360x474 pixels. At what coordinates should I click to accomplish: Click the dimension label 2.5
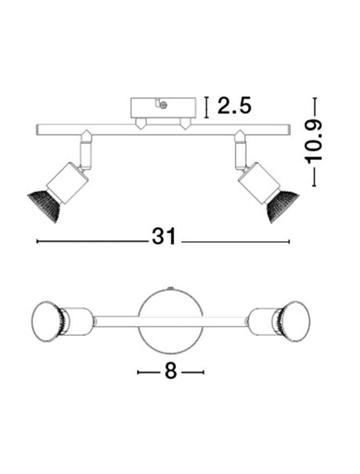pyautogui.click(x=234, y=106)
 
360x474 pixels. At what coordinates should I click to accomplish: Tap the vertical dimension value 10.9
pyautogui.click(x=314, y=142)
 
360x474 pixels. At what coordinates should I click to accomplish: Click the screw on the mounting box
pyautogui.click(x=164, y=105)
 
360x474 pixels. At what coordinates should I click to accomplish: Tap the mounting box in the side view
pyautogui.click(x=163, y=108)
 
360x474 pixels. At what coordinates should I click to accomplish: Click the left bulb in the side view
pyautogui.click(x=44, y=206)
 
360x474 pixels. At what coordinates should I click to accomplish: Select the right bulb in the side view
pyautogui.click(x=282, y=206)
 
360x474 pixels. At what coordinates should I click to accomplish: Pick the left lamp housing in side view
pyautogui.click(x=67, y=183)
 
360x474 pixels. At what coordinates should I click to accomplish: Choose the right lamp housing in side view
pyautogui.click(x=259, y=183)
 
